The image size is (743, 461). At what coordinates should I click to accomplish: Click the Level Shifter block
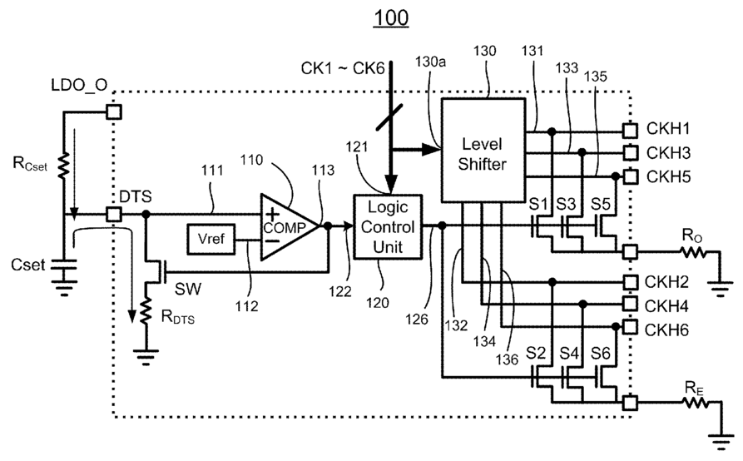[483, 150]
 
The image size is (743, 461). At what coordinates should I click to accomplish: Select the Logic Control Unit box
[388, 227]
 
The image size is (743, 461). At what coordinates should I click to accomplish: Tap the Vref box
[211, 239]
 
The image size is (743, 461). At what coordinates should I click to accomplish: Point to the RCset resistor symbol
[63, 166]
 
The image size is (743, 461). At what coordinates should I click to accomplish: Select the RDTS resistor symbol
[146, 311]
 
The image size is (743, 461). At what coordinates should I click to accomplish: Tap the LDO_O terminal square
[114, 112]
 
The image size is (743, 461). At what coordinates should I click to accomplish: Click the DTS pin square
[114, 215]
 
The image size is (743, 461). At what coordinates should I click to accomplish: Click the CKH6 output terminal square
[630, 327]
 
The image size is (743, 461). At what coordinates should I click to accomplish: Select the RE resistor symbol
[695, 403]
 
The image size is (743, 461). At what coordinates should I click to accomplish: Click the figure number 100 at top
[391, 18]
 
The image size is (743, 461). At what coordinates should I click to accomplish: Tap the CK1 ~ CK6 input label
[343, 68]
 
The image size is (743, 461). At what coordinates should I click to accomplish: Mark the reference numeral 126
[417, 320]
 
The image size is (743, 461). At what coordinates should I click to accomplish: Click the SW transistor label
[188, 289]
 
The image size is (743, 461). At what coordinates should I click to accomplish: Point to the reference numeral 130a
[430, 62]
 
